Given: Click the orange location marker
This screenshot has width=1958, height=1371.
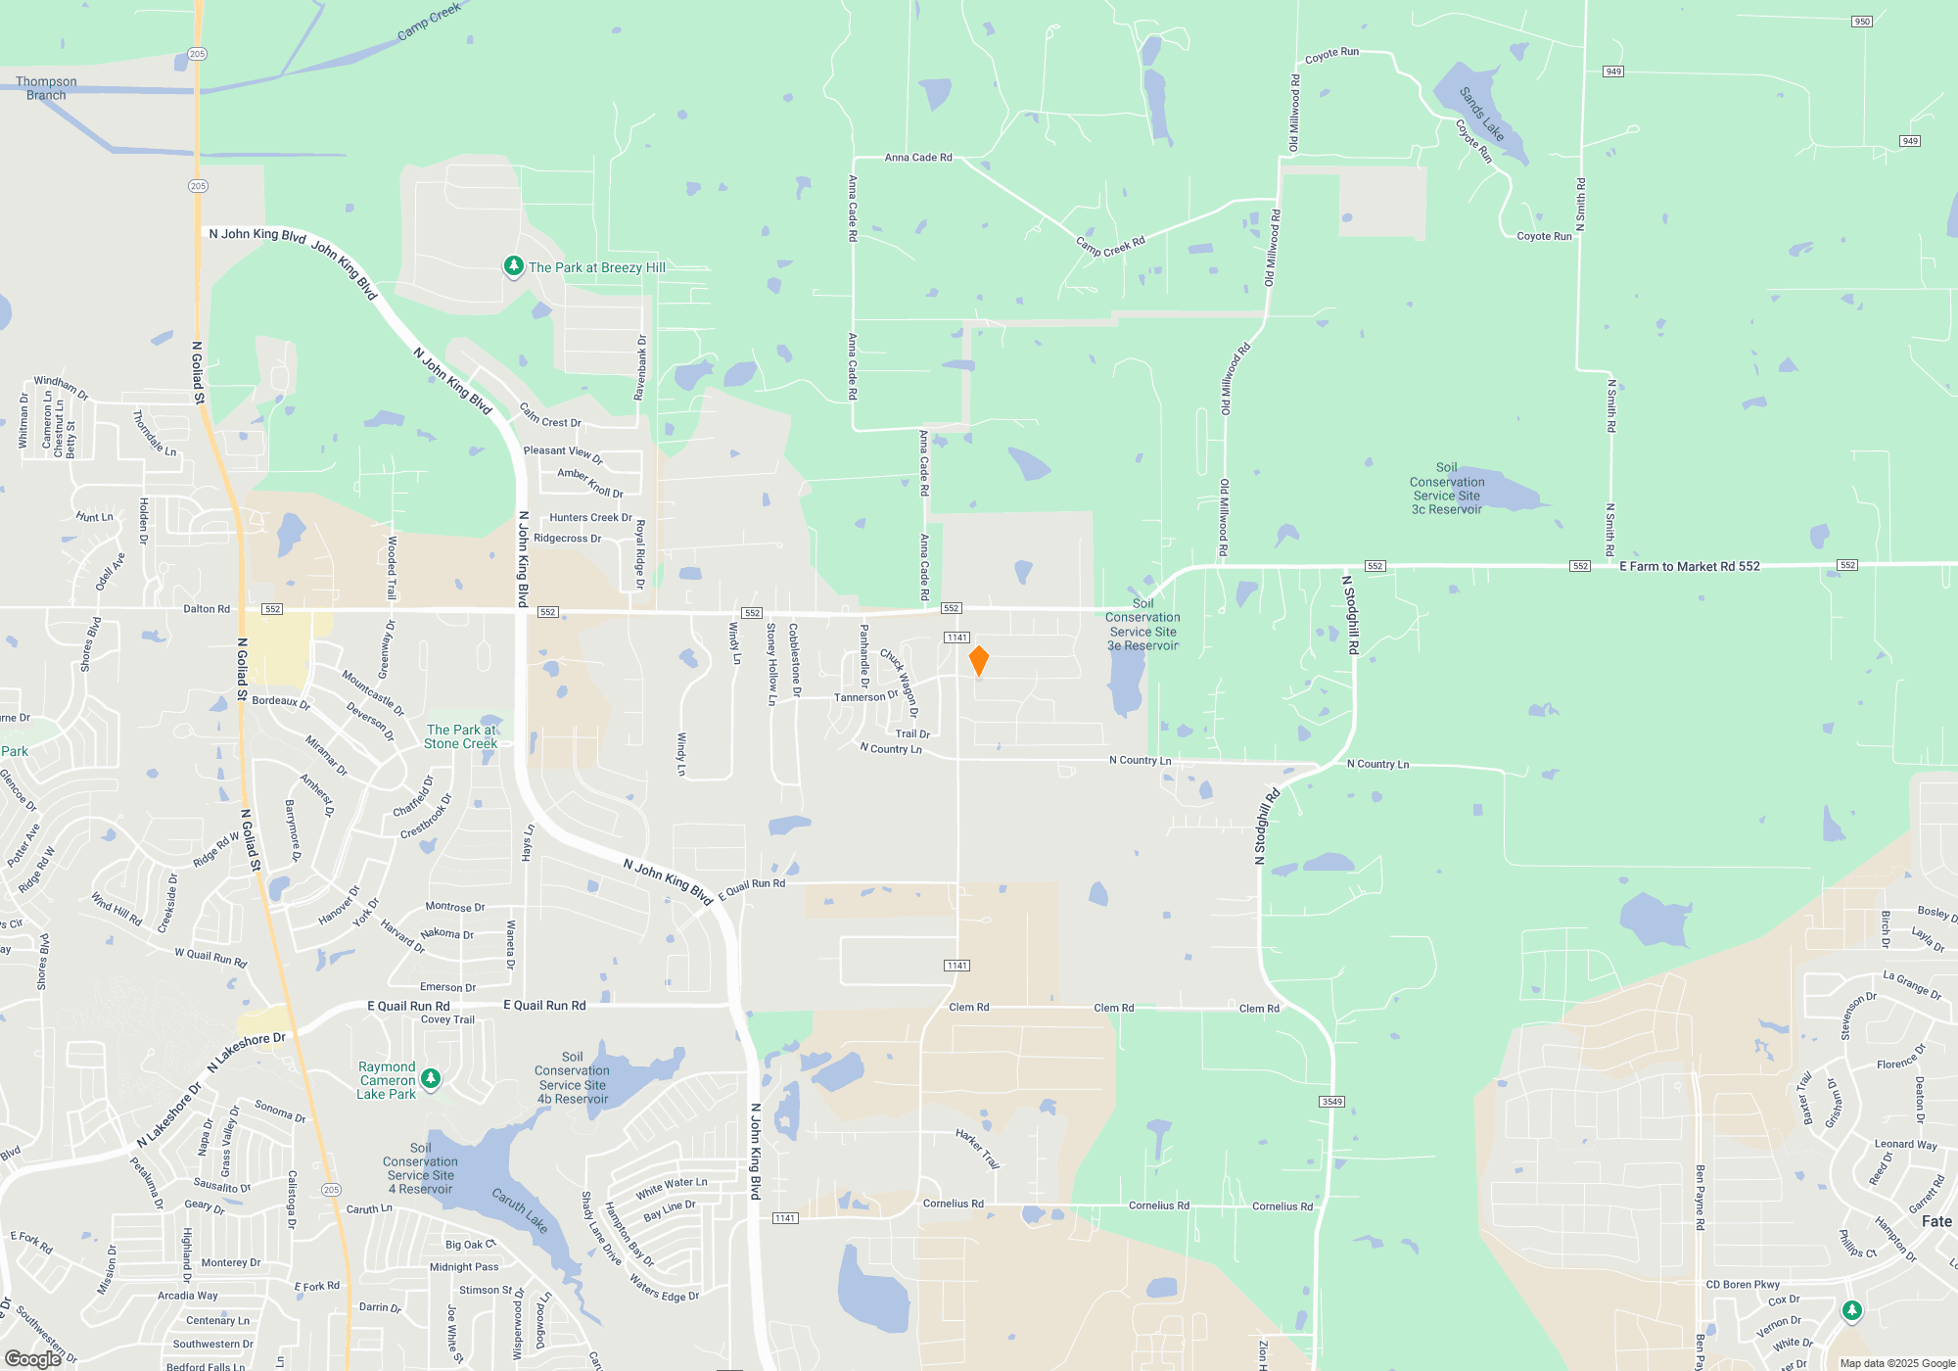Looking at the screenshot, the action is pyautogui.click(x=978, y=660).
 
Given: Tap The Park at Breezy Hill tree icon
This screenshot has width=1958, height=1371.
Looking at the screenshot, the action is pyautogui.click(x=513, y=265).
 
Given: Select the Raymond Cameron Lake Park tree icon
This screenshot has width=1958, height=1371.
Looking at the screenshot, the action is pyautogui.click(x=431, y=1078).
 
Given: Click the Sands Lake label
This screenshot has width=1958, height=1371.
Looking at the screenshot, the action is pyautogui.click(x=1481, y=114).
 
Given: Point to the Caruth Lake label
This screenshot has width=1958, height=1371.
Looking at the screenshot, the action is pyautogui.click(x=520, y=1210).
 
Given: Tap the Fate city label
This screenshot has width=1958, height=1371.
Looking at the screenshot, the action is pyautogui.click(x=1935, y=1221).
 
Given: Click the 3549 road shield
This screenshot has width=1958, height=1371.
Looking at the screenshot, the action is pyautogui.click(x=1331, y=1102).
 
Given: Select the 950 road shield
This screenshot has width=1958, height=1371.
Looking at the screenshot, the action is pyautogui.click(x=1861, y=22).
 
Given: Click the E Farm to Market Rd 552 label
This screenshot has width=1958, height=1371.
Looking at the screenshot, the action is pyautogui.click(x=1689, y=566).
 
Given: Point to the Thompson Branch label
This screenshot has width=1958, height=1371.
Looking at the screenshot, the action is pyautogui.click(x=46, y=88).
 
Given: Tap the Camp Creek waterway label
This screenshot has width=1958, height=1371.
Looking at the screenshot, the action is pyautogui.click(x=429, y=22).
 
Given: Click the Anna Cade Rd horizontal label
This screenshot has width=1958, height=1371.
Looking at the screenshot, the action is pyautogui.click(x=918, y=157).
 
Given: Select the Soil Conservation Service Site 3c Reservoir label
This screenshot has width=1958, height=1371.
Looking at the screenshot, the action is pyautogui.click(x=1446, y=489).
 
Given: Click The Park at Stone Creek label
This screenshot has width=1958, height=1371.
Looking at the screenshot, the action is pyautogui.click(x=461, y=736).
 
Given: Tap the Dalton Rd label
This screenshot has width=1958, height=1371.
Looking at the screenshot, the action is pyautogui.click(x=207, y=609).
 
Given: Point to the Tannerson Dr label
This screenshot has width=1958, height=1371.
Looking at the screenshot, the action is pyautogui.click(x=865, y=696).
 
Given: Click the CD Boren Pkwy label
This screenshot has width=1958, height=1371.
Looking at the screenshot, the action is pyautogui.click(x=1743, y=1284).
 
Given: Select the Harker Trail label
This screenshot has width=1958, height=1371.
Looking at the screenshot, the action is pyautogui.click(x=977, y=1149).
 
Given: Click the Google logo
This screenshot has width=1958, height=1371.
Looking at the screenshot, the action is pyautogui.click(x=32, y=1358).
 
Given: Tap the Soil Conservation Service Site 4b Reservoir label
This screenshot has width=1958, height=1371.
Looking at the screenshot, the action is pyautogui.click(x=573, y=1078).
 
